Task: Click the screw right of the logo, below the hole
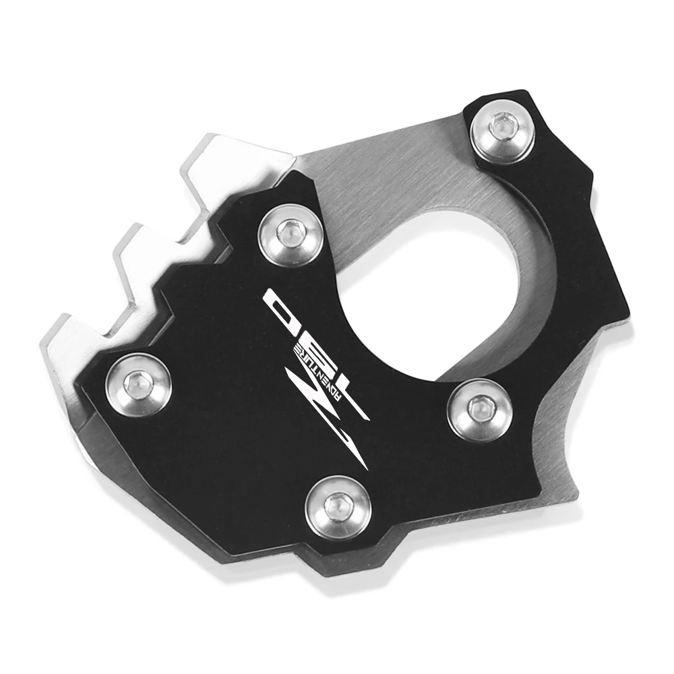(x=479, y=406)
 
